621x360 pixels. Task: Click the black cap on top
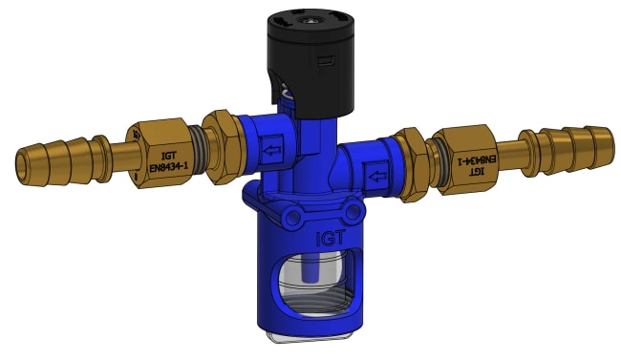point(310,63)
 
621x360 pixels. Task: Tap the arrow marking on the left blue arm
point(271,151)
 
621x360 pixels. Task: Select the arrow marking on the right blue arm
point(377,176)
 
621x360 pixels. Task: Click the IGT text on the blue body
point(331,238)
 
